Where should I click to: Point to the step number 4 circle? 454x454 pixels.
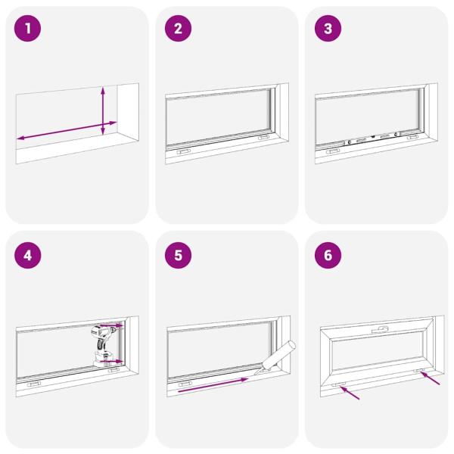(x=28, y=254)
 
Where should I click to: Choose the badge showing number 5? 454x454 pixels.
(x=179, y=254)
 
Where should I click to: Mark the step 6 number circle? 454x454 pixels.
(x=328, y=254)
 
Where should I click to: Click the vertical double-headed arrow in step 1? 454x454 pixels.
(x=104, y=110)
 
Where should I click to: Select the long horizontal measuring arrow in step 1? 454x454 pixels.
(x=67, y=129)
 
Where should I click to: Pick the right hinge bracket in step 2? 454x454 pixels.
(x=263, y=138)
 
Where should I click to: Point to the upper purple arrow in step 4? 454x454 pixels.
(x=112, y=325)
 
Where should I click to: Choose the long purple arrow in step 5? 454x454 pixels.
(x=213, y=385)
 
